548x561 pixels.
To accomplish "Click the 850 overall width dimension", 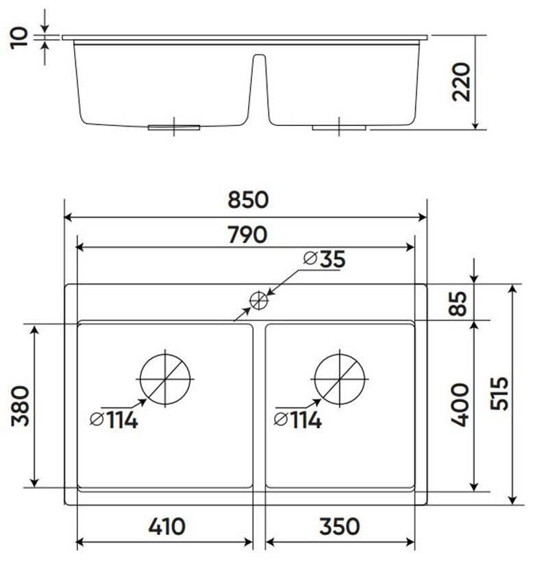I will [x=247, y=200].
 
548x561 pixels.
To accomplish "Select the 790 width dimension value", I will [x=247, y=234].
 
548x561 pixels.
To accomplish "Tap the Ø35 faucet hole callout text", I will [x=324, y=259].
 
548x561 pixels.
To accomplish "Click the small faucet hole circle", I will [x=258, y=300].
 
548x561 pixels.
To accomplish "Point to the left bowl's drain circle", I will [x=165, y=379].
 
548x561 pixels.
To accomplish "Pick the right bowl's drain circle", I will [x=340, y=379].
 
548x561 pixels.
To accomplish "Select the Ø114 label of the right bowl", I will [x=297, y=420].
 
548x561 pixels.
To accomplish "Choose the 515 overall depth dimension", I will [x=499, y=393].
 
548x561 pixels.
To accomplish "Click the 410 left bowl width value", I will [x=165, y=526].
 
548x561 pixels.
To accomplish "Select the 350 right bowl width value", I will [x=339, y=526].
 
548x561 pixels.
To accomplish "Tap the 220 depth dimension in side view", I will [x=462, y=82].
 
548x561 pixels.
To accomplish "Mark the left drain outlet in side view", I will [x=175, y=127].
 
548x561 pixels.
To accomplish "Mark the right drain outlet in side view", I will [x=339, y=127].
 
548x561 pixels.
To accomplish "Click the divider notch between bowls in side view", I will [x=259, y=82].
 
